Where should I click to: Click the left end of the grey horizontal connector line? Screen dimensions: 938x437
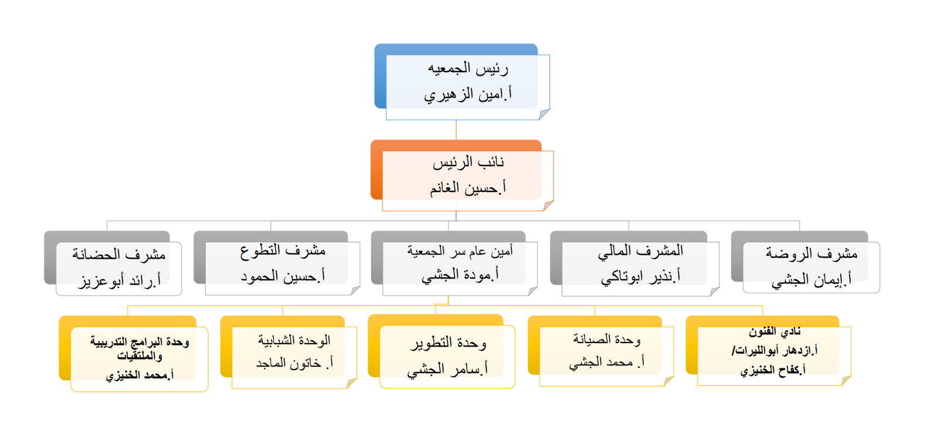107,221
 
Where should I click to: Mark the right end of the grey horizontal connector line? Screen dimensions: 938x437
800,221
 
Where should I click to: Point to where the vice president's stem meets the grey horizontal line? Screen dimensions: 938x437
456,221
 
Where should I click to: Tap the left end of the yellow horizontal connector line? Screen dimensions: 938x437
128,306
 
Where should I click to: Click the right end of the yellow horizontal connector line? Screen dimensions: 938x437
763,306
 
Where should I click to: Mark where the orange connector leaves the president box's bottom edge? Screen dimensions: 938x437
456,120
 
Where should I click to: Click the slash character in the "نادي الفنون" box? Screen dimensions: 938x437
733,351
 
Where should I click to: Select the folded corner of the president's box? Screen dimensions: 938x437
544,114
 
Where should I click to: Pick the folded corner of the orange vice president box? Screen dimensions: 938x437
548,206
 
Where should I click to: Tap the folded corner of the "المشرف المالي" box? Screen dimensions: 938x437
715,291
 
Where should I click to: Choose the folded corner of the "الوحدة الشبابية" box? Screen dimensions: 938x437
352,384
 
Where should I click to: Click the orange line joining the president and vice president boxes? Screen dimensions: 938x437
456,130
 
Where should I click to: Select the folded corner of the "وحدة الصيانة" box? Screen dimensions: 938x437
669,381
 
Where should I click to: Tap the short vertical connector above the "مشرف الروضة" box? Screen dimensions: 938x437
800,226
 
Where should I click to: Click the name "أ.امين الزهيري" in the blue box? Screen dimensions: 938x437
468,94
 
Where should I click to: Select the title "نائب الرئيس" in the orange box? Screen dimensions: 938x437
468,162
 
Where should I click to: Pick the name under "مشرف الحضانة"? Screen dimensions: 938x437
120,281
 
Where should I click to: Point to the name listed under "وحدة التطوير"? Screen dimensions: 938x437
447,369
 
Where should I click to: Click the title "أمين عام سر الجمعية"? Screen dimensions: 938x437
460,251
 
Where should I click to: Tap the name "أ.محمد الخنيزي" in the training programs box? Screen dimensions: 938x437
140,375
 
